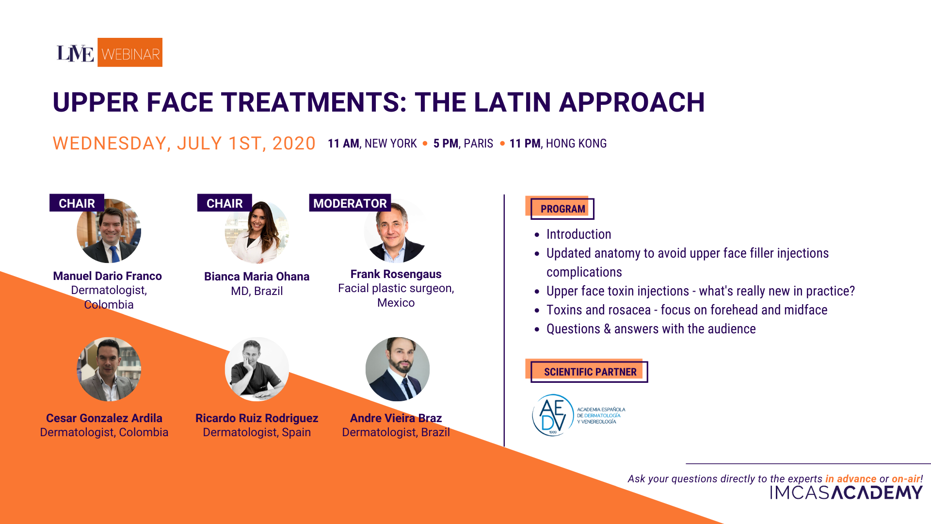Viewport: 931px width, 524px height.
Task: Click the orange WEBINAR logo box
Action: coord(130,52)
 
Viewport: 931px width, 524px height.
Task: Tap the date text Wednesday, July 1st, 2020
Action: coord(184,144)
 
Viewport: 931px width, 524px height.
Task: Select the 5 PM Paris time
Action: coord(463,144)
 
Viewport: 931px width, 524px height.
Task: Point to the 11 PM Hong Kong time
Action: coord(558,144)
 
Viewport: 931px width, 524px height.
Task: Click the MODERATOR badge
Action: coord(350,203)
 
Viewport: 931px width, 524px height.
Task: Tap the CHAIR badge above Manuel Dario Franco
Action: coord(77,203)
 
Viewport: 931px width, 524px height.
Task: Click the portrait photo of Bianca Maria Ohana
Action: coord(257,231)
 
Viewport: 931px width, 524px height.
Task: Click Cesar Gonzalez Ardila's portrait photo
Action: coord(109,369)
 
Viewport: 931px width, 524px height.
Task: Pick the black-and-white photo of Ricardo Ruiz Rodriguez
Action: coord(257,369)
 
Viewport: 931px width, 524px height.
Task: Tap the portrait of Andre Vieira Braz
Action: coord(398,369)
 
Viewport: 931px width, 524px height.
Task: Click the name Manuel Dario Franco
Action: coord(108,276)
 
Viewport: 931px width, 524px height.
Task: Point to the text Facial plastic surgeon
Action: coord(396,288)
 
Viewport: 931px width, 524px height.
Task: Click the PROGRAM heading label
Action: coord(562,209)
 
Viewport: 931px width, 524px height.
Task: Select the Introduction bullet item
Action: coord(578,234)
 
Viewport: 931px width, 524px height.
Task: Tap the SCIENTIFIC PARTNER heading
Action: coord(590,372)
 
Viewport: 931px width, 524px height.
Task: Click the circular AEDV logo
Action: coord(553,415)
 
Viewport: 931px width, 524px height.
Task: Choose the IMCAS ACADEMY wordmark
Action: coord(846,492)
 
